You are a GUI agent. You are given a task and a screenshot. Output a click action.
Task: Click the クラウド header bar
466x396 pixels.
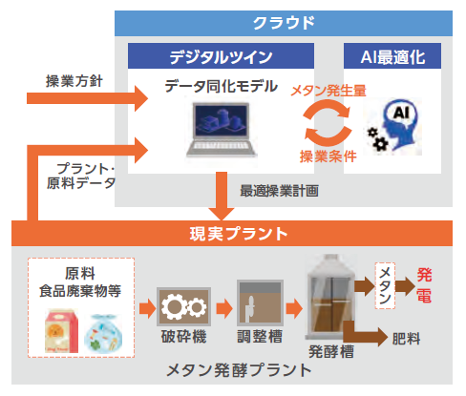(x=284, y=23)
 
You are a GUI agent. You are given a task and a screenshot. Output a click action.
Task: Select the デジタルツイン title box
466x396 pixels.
(x=221, y=56)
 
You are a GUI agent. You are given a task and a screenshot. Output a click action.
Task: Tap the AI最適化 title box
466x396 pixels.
(x=392, y=56)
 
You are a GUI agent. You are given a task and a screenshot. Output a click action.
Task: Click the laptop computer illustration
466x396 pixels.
(x=222, y=130)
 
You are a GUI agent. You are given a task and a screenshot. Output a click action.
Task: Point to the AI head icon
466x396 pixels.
(x=394, y=126)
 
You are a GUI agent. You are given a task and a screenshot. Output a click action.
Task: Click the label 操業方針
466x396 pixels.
(x=74, y=81)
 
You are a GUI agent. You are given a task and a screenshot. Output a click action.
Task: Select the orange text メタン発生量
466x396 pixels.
(x=328, y=91)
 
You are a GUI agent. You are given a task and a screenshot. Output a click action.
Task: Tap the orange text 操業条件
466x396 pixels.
(x=328, y=156)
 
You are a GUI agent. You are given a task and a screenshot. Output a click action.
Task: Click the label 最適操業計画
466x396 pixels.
(x=279, y=191)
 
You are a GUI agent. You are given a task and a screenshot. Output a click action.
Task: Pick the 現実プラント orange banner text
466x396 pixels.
(x=239, y=234)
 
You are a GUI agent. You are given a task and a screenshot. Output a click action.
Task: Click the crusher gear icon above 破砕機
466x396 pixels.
(x=183, y=306)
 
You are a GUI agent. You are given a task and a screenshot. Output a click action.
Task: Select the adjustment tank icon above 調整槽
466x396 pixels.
(x=260, y=302)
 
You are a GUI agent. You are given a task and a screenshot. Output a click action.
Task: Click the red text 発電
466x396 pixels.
(x=424, y=285)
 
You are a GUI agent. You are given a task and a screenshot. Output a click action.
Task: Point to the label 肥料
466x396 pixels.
(x=406, y=339)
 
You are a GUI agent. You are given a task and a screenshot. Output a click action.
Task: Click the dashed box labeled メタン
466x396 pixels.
(x=385, y=285)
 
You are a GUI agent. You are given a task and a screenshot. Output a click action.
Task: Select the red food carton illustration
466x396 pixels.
(x=61, y=331)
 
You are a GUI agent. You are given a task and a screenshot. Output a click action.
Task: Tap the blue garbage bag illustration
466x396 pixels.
(x=103, y=333)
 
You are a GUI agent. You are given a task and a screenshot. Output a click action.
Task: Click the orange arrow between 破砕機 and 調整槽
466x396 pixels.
(x=224, y=308)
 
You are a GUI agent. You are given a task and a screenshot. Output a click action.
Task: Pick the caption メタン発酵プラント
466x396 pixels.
(x=239, y=370)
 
